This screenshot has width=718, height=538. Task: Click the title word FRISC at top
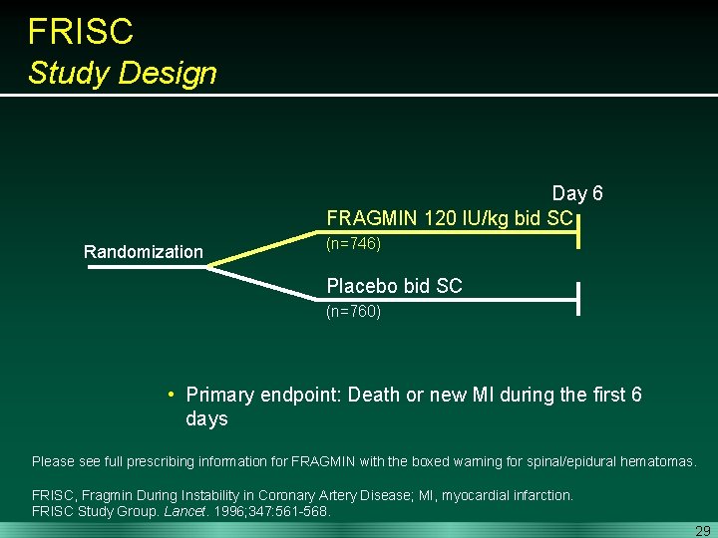(80, 32)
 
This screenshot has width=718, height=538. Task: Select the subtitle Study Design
(122, 73)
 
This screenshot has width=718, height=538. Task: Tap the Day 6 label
(577, 193)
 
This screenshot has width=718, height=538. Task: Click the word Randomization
(143, 252)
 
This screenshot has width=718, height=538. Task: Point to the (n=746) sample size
(353, 243)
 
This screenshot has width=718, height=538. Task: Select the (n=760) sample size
(353, 311)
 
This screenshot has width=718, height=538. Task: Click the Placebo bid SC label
(394, 286)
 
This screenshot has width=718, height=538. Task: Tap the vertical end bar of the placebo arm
(579, 298)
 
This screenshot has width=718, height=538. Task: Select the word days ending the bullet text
(206, 419)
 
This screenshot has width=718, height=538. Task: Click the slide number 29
(702, 531)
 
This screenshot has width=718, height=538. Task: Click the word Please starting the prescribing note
(53, 461)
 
